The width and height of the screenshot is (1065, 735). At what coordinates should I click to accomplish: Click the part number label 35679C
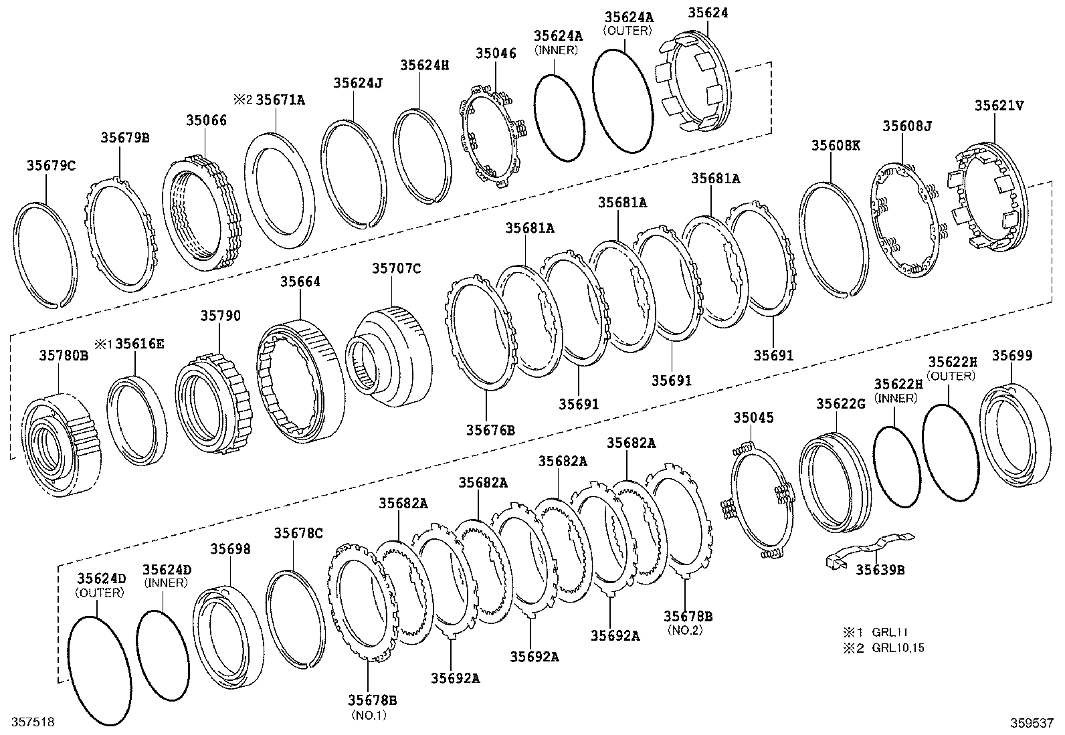[51, 165]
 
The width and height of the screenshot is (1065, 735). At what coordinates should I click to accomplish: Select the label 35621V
[999, 105]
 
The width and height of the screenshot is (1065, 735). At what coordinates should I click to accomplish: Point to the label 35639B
[880, 570]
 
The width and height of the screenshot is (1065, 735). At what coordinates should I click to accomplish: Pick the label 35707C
[396, 268]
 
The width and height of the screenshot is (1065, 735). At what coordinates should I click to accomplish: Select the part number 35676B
[490, 429]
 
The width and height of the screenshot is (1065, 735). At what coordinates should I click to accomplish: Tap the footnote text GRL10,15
[898, 647]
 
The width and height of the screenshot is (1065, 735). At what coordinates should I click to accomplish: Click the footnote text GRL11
[889, 631]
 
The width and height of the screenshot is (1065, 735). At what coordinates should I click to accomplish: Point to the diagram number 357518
[27, 722]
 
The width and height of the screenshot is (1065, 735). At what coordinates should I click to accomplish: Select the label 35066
[206, 120]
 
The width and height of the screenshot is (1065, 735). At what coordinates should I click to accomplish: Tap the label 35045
[753, 418]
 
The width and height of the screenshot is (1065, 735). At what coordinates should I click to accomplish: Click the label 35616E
[139, 344]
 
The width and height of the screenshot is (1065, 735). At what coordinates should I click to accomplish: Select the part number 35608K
[836, 144]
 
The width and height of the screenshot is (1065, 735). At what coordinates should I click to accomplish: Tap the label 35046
[496, 54]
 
